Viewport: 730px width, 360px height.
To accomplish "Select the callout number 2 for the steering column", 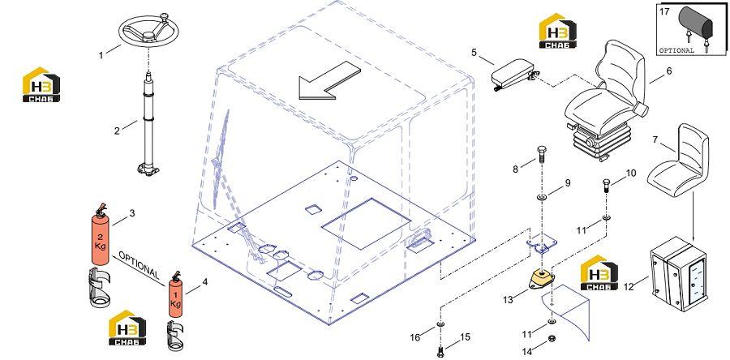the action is [117, 131].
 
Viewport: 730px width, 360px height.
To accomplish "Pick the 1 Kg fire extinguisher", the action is [175, 295].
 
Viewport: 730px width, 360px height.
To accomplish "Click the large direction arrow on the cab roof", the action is [328, 80].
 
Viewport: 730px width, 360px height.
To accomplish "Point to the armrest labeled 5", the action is [514, 74].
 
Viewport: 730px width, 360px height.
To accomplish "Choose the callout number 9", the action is [568, 183].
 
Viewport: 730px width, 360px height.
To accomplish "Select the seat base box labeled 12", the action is [679, 273].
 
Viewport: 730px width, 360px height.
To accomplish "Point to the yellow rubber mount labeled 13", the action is [542, 281].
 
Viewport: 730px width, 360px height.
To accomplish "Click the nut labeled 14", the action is [552, 338].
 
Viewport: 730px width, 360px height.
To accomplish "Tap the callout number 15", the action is [465, 337].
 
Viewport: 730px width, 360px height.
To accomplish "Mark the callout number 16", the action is [415, 337].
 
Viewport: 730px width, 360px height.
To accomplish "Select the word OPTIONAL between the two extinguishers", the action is [139, 267].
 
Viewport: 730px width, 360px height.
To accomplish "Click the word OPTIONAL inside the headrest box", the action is [676, 50].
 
